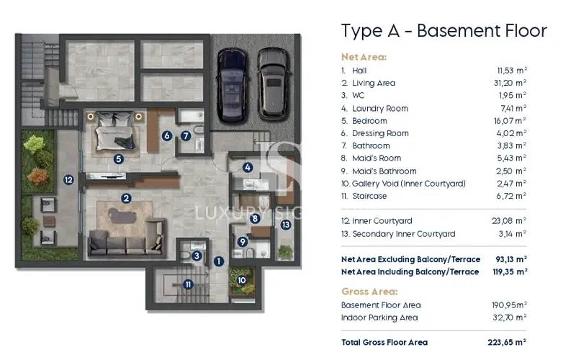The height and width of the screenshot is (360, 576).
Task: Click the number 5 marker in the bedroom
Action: tap(118, 159)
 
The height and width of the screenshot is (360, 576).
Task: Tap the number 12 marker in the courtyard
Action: tap(68, 179)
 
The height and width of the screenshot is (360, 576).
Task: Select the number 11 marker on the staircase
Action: tap(188, 284)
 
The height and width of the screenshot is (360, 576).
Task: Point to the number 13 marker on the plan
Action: tap(285, 225)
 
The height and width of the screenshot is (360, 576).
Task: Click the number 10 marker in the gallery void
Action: tap(241, 280)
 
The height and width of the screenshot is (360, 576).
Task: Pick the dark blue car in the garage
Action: tap(232, 85)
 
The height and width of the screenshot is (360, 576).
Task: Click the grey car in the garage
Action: tap(272, 84)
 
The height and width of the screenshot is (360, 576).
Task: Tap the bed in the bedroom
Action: tap(114, 131)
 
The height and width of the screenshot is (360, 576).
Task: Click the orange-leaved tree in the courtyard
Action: tap(38, 176)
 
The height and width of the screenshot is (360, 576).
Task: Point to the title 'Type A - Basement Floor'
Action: tap(444, 31)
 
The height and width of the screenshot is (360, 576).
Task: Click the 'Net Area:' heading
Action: tap(364, 57)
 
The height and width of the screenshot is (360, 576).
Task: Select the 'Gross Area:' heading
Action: tap(369, 292)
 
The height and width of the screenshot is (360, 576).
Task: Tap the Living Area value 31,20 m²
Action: tap(510, 83)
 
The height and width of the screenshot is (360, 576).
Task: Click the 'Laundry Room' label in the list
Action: tap(380, 109)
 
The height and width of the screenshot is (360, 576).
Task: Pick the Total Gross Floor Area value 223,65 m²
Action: tap(507, 343)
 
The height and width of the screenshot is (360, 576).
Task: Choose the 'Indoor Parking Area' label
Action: tap(379, 318)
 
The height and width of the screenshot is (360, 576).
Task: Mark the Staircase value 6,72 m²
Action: tap(511, 196)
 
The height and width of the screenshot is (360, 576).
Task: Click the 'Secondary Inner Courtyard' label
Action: tap(403, 234)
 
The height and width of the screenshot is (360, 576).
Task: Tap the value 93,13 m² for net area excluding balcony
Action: tap(511, 259)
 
